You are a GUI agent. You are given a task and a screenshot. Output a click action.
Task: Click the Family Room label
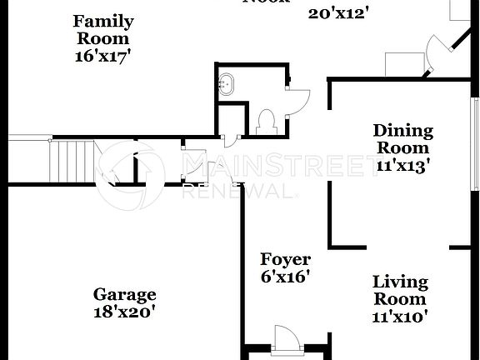[103, 29]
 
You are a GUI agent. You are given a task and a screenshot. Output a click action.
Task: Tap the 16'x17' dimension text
[103, 56]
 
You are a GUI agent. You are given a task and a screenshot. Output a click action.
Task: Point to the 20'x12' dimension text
[338, 12]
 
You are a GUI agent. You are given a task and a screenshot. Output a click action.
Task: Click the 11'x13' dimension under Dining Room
[402, 165]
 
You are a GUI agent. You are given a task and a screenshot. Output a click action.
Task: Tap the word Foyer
[285, 259]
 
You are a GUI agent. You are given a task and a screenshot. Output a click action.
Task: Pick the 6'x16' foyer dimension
[285, 277]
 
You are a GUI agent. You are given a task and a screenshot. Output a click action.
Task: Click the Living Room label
[400, 290]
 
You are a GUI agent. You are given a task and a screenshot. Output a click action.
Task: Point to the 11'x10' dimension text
[400, 316]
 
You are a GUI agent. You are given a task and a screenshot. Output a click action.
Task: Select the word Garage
[124, 294]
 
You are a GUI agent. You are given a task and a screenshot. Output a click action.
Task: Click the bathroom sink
[225, 83]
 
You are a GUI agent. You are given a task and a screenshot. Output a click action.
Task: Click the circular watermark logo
[133, 174]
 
